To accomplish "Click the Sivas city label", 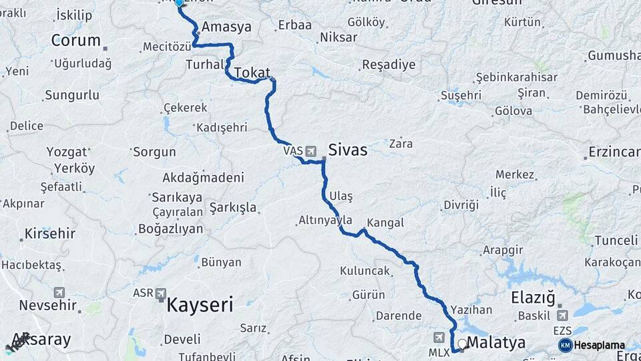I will [347, 150].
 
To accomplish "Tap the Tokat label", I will [252, 72].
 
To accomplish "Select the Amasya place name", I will [226, 27].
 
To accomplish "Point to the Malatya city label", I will [496, 343].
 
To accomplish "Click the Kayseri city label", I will [200, 306].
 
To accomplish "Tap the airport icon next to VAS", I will [310, 152].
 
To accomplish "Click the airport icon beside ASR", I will [161, 293].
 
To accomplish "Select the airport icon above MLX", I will [439, 338].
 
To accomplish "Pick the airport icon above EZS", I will [562, 316].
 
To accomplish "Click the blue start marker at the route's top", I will [178, 3].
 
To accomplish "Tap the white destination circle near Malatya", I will [461, 344].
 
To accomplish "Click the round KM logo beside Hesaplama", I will [566, 345].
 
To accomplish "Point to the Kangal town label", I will [385, 223].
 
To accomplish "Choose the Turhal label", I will [204, 64].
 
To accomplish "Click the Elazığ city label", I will [533, 297].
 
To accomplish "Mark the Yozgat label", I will [67, 152].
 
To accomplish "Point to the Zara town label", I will [401, 143].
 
